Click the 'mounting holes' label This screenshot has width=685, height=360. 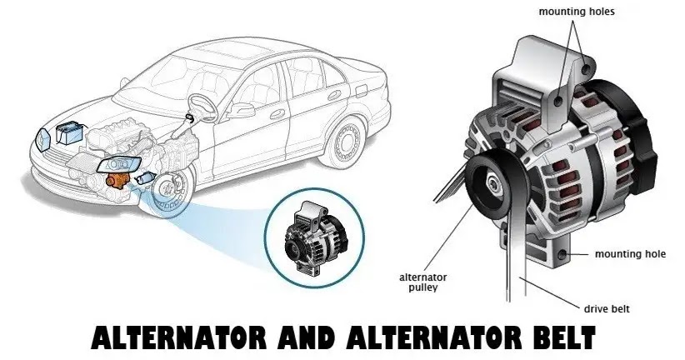(x=576, y=12)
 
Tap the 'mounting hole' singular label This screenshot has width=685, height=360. (x=630, y=254)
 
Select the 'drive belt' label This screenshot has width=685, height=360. (x=607, y=309)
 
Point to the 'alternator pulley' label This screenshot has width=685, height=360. (x=422, y=282)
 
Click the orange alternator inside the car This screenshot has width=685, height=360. (x=118, y=179)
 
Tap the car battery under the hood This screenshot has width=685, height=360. (x=69, y=132)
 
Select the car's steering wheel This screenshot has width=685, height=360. (x=202, y=107)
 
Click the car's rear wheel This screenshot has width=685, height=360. (x=347, y=141)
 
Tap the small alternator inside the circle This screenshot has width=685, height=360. (x=313, y=237)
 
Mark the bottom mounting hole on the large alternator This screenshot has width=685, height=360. (x=562, y=253)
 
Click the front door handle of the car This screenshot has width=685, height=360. (x=277, y=115)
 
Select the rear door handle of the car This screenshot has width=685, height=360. (x=335, y=94)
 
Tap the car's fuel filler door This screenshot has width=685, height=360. (x=362, y=91)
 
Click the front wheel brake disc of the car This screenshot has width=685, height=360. (x=167, y=189)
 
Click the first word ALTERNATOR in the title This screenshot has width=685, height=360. (x=178, y=337)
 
